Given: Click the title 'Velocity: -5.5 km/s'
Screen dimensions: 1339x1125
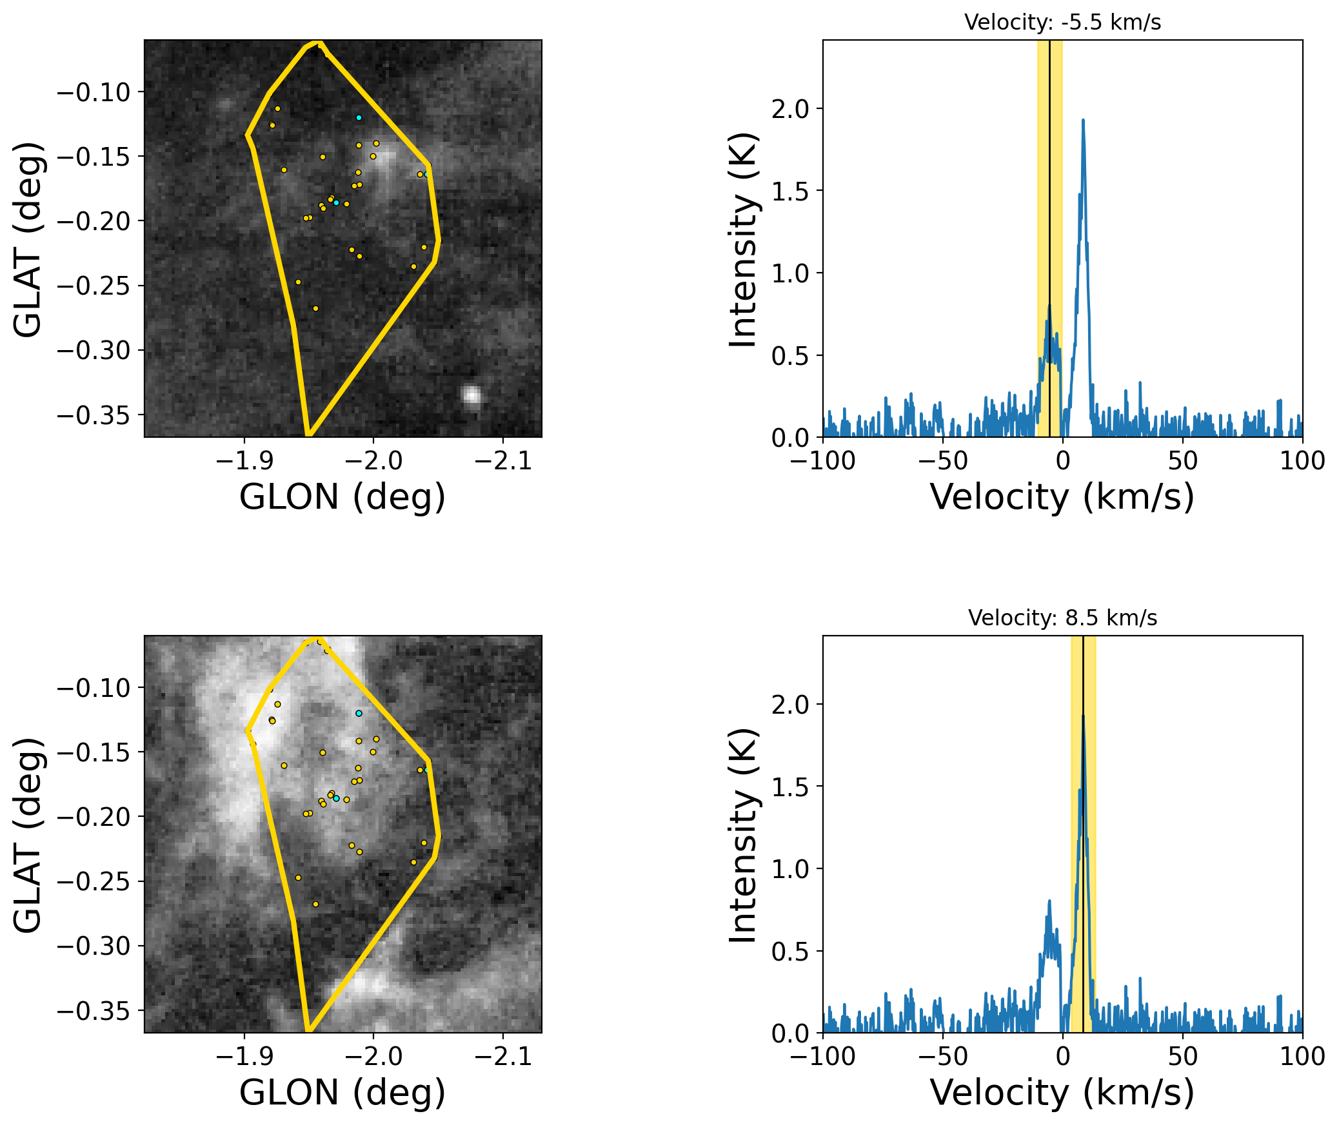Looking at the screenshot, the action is coord(1062,23).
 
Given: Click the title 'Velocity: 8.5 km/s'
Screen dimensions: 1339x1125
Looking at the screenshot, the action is coord(1062,618).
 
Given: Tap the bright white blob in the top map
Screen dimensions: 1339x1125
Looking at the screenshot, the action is coord(472,395).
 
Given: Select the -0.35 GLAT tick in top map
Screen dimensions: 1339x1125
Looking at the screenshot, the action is coord(94,415).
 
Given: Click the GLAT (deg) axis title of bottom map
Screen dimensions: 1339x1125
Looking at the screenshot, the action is coord(28,834).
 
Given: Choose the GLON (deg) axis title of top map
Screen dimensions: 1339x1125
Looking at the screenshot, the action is coord(342,497).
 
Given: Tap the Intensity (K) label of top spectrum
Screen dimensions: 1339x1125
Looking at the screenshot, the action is coord(743,239).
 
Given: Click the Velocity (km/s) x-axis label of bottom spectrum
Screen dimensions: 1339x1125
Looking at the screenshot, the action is coord(1062,1093).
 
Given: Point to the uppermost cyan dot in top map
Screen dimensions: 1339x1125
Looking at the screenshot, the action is coord(359,118).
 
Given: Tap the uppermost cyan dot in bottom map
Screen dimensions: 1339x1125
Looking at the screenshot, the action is coord(359,714).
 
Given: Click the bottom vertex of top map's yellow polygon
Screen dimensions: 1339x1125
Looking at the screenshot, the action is coord(308,435).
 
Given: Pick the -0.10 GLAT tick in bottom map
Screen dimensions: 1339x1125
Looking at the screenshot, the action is coord(94,688).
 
